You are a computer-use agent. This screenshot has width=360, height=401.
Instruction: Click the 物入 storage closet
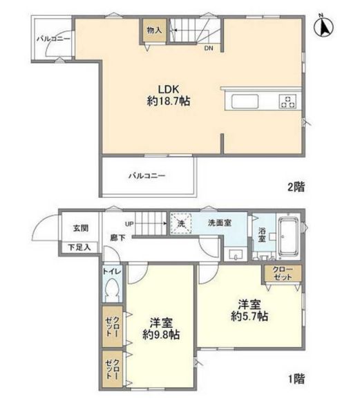[153, 31]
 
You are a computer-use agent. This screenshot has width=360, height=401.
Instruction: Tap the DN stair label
[208, 48]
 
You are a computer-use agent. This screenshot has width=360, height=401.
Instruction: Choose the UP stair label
[129, 223]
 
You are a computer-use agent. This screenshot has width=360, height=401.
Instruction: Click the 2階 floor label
[296, 187]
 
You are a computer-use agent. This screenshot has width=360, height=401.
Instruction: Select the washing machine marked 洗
[181, 224]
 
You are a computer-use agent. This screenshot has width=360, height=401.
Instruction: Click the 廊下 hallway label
[117, 239]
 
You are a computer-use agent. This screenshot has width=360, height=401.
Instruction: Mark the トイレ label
[112, 272]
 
